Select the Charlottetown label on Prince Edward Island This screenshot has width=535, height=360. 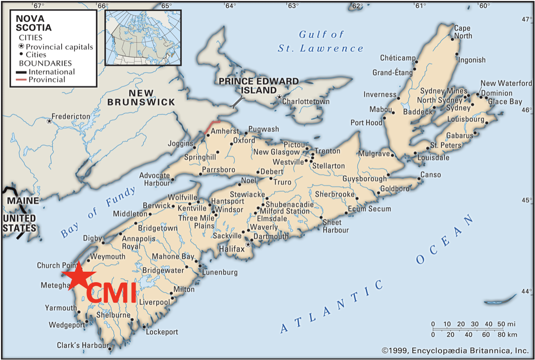point(306,102)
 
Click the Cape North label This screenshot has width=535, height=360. point(462,32)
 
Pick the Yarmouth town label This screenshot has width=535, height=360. point(61,308)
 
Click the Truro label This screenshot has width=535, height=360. point(282,182)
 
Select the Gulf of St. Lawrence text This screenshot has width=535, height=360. point(321,41)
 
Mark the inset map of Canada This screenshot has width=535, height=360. point(143,37)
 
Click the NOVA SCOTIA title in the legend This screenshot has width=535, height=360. point(33,23)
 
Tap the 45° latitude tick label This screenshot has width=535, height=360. point(527,201)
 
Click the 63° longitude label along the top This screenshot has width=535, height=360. point(293,6)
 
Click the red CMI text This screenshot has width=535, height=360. point(111,293)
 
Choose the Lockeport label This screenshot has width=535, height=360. point(162,332)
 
